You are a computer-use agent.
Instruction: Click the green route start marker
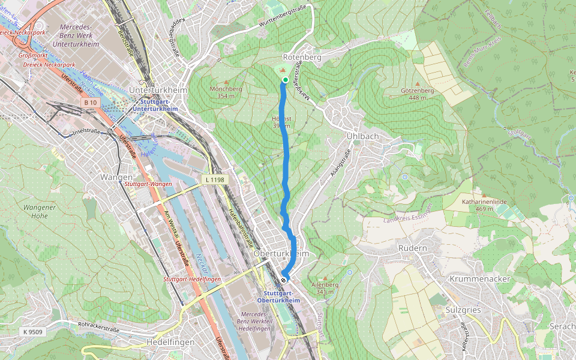(x=286, y=80)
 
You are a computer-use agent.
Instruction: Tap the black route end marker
(x=283, y=279)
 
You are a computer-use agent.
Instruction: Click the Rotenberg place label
(x=305, y=57)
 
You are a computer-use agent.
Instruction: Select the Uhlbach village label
(x=363, y=136)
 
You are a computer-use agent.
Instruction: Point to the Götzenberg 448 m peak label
(x=417, y=94)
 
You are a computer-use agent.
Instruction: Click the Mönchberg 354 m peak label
(x=226, y=92)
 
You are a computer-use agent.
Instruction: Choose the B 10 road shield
(x=90, y=103)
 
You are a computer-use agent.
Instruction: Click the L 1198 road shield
(x=215, y=179)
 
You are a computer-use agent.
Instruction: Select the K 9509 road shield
(x=34, y=331)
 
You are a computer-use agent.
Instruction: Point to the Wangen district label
(x=116, y=177)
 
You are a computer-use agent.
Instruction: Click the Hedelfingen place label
(x=170, y=342)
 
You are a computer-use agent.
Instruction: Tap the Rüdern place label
(x=412, y=248)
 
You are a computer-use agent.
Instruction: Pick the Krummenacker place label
(x=479, y=279)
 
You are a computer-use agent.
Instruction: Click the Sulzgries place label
(x=464, y=310)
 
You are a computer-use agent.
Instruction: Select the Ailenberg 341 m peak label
(x=326, y=288)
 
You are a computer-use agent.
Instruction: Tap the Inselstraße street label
(x=85, y=130)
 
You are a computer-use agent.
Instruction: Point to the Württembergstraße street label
(x=283, y=16)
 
